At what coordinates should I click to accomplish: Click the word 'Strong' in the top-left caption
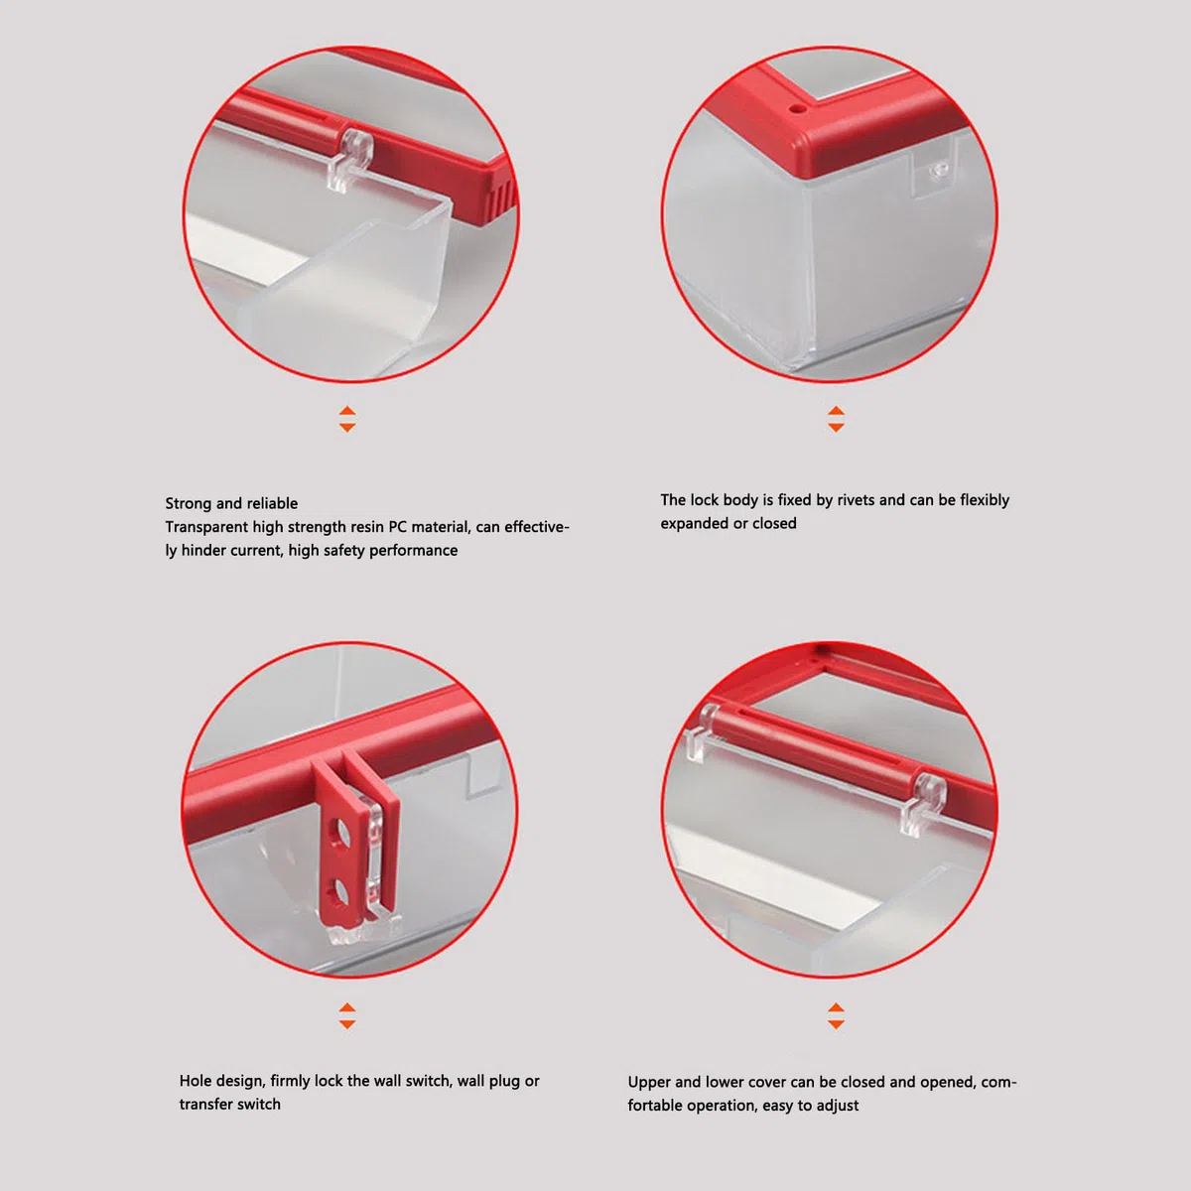(189, 504)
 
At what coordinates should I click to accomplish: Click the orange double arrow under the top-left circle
(347, 419)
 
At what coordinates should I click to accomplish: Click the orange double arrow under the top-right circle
(837, 419)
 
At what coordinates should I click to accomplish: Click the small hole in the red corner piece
(799, 109)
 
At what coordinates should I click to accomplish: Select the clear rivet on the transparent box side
(940, 168)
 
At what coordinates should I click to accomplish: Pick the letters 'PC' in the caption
(397, 527)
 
